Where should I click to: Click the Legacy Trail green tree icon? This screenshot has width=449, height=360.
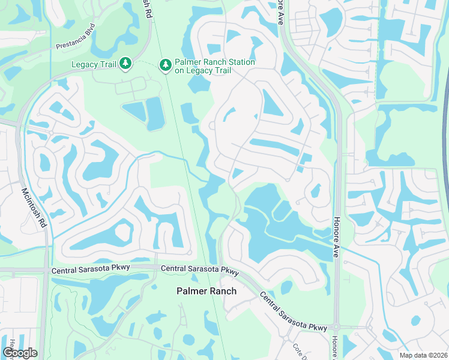pos(125,63)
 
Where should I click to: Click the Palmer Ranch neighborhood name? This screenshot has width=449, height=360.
pos(206,291)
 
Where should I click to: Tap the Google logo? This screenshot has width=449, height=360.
pos(20,353)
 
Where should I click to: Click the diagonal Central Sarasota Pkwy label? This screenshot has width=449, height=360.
pos(293,312)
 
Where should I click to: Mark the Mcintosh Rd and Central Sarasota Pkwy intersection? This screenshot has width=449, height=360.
pos(46,269)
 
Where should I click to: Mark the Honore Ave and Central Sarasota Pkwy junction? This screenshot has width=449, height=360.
pos(337,327)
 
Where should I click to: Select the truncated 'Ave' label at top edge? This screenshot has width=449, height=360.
pos(280,13)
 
